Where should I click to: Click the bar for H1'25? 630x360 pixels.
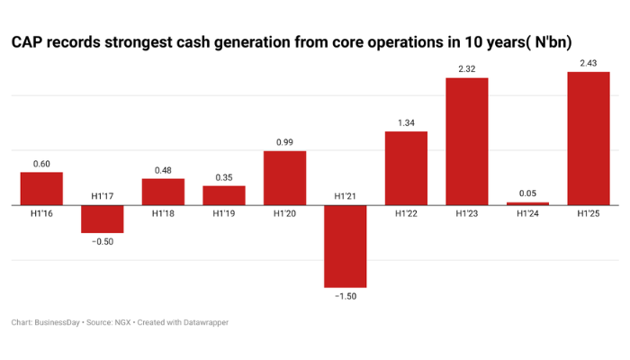coord(589,139)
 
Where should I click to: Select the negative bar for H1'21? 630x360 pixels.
coord(346,247)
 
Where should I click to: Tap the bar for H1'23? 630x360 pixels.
coord(467,141)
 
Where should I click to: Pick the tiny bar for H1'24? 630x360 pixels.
coord(527,203)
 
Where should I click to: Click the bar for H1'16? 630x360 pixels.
coord(41,189)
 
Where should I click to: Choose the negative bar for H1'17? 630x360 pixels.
coord(103,219)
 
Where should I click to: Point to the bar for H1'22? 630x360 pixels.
coord(406,168)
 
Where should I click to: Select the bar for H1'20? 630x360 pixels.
coord(284,178)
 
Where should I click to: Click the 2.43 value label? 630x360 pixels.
coord(589,62)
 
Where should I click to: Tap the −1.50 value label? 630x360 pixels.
coord(346,296)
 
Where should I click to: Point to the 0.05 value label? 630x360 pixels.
coord(527,193)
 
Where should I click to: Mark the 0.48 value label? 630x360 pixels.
coord(163,169)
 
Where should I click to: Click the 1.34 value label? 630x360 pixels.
coord(406,122)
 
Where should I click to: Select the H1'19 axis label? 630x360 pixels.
coord(224,214)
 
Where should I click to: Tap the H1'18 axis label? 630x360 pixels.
coord(163,214)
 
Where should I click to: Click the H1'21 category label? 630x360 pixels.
coord(346,196)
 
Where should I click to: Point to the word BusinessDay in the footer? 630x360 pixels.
coord(58,322)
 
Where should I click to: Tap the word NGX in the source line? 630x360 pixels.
coord(118,322)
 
